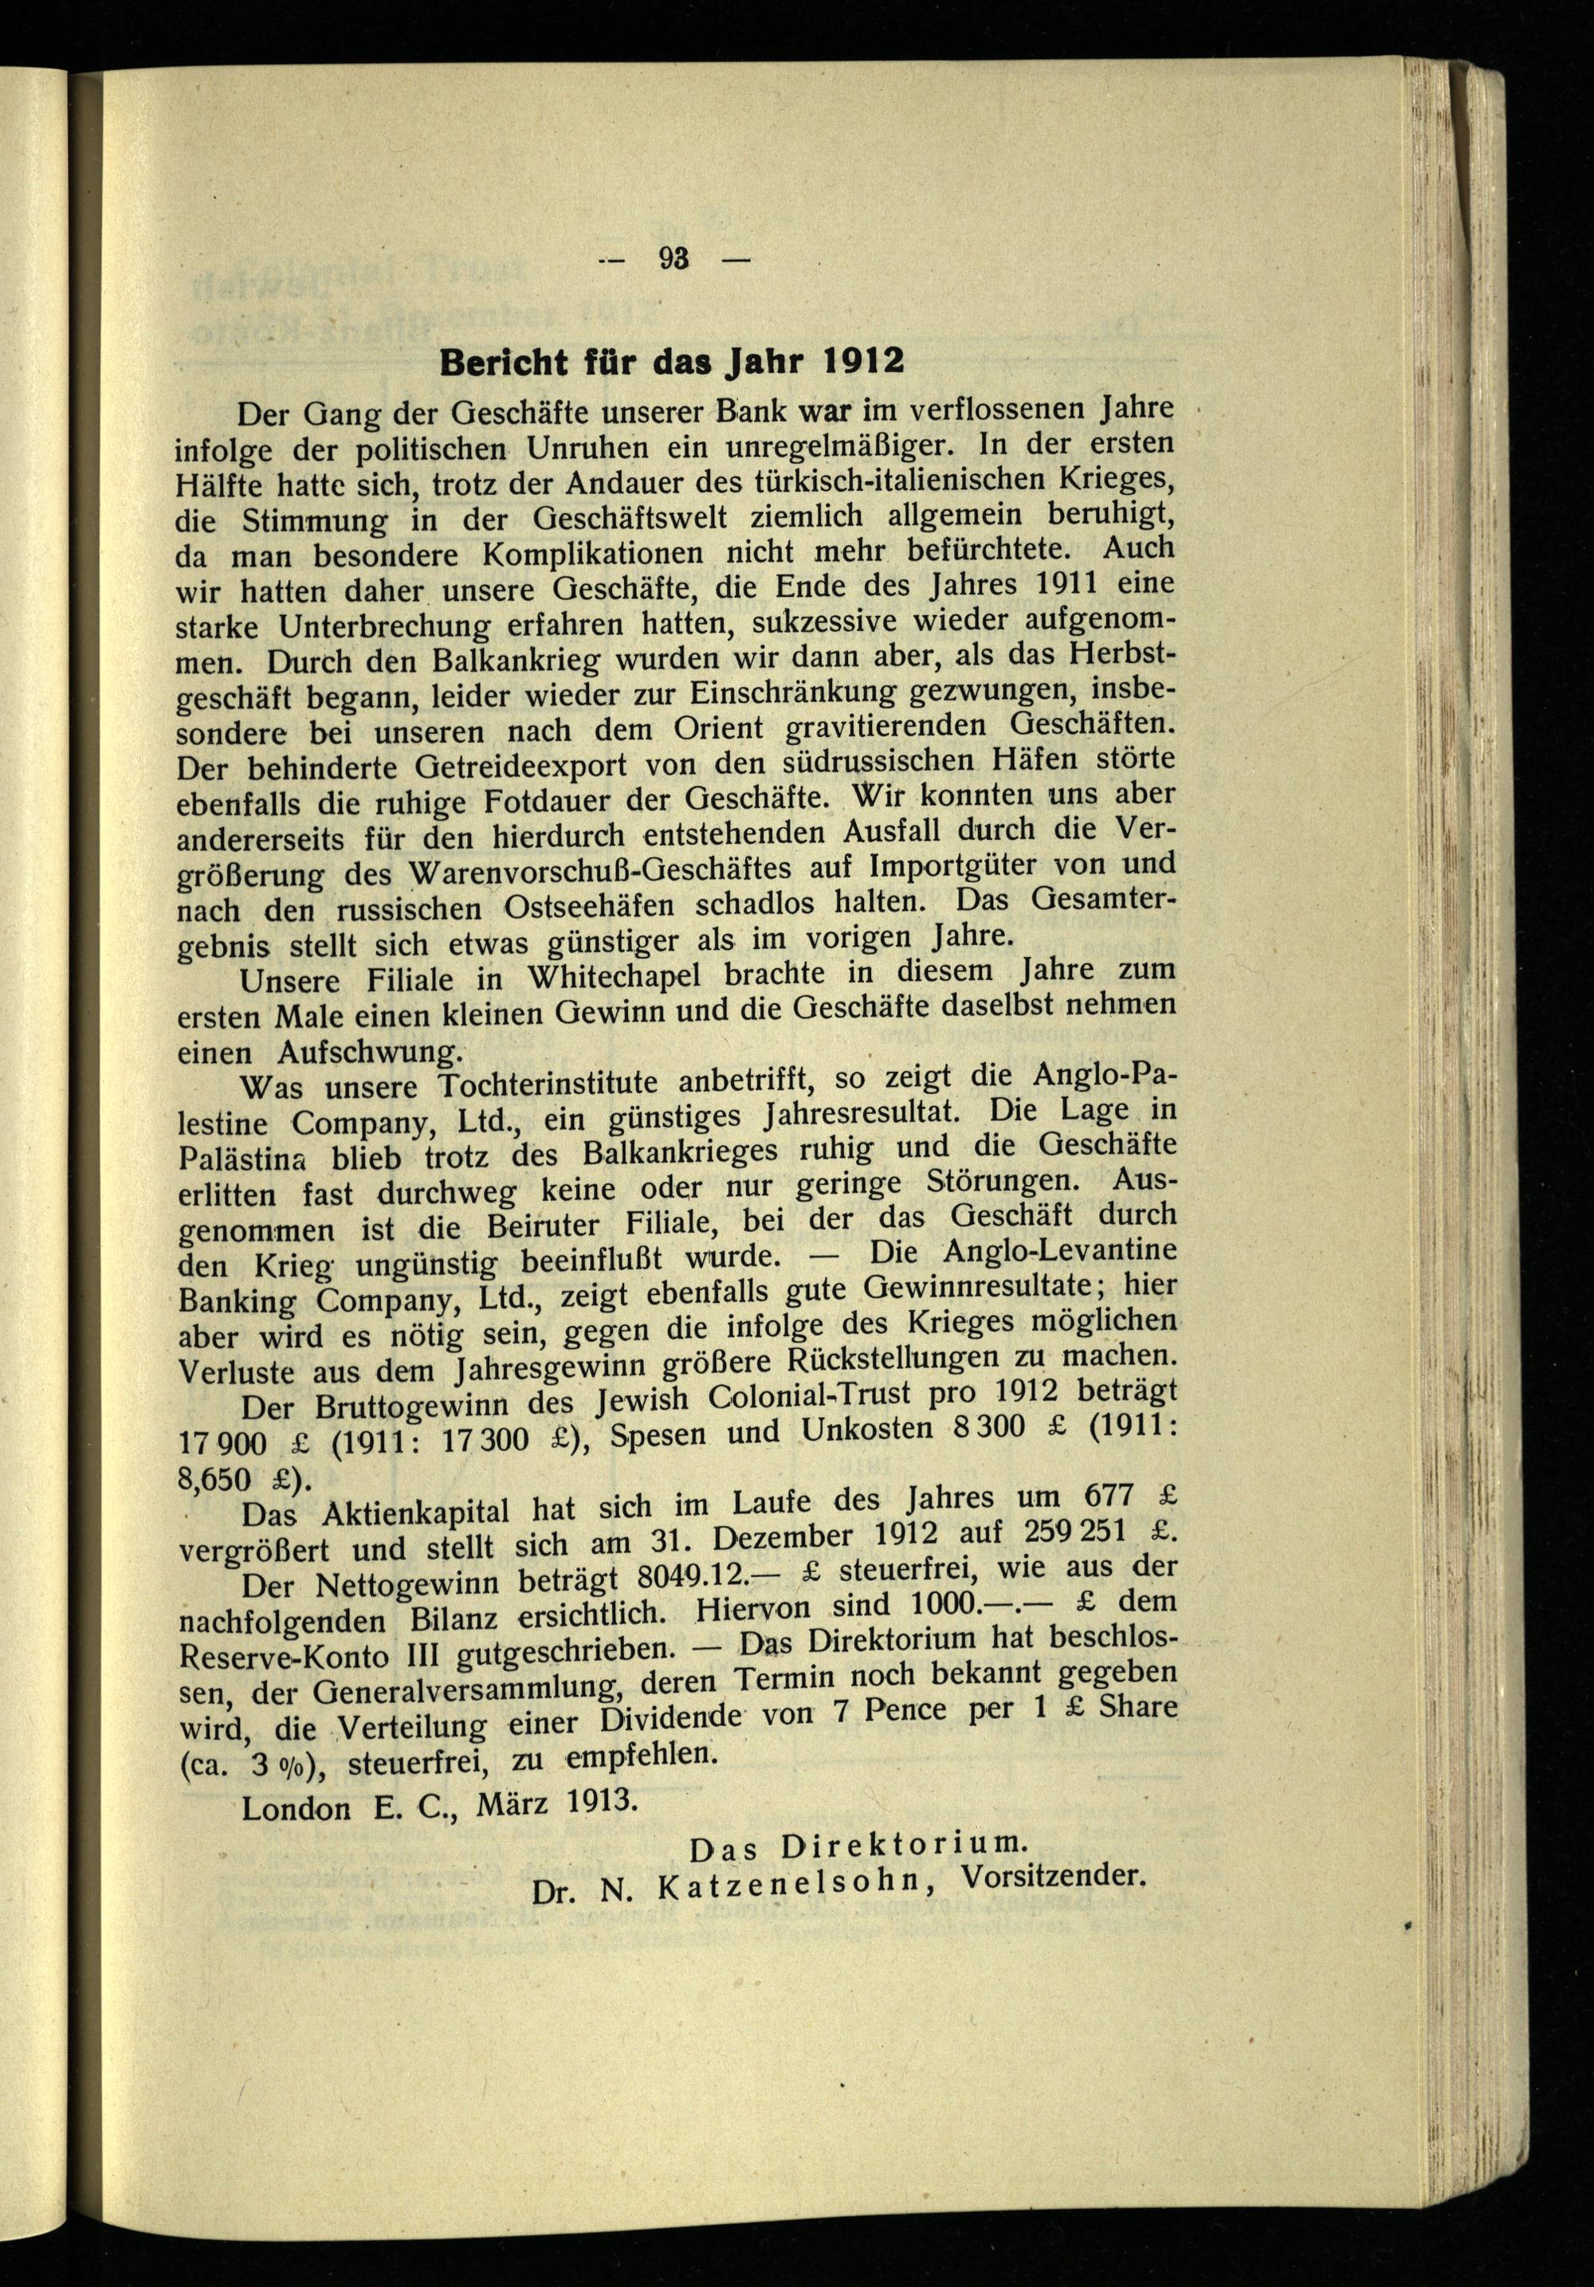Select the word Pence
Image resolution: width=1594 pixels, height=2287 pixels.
point(909,1714)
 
